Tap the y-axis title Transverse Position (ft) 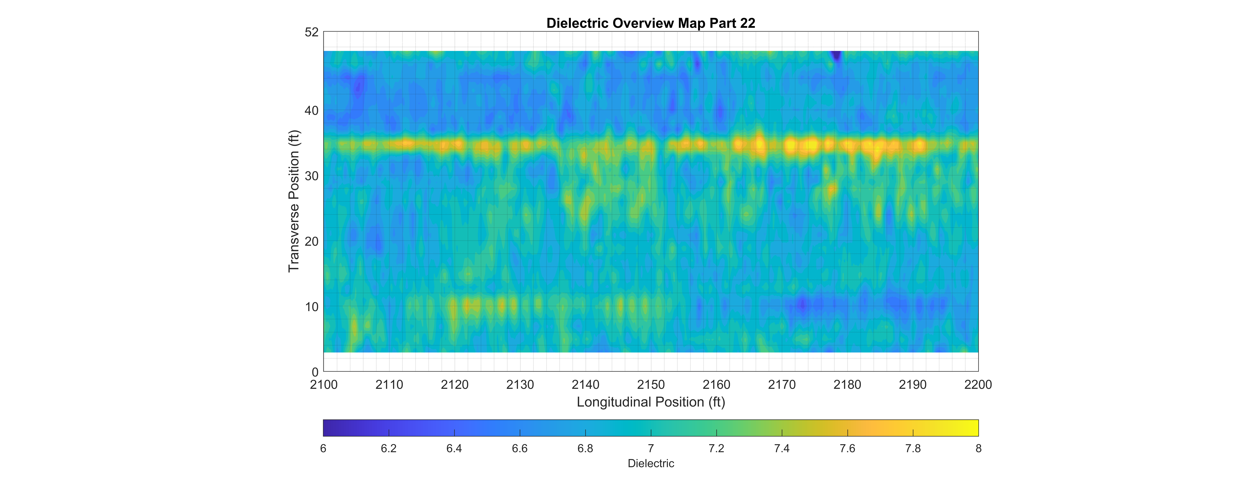click(293, 201)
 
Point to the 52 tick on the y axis click(312, 32)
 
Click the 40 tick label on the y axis click(312, 111)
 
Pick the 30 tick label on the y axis click(312, 176)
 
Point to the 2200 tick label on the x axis click(978, 385)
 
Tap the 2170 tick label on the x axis click(782, 385)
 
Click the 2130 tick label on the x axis click(520, 385)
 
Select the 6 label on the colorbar click(323, 448)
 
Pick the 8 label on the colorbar click(978, 448)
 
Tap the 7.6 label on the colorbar click(847, 448)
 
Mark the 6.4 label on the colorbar click(454, 448)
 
